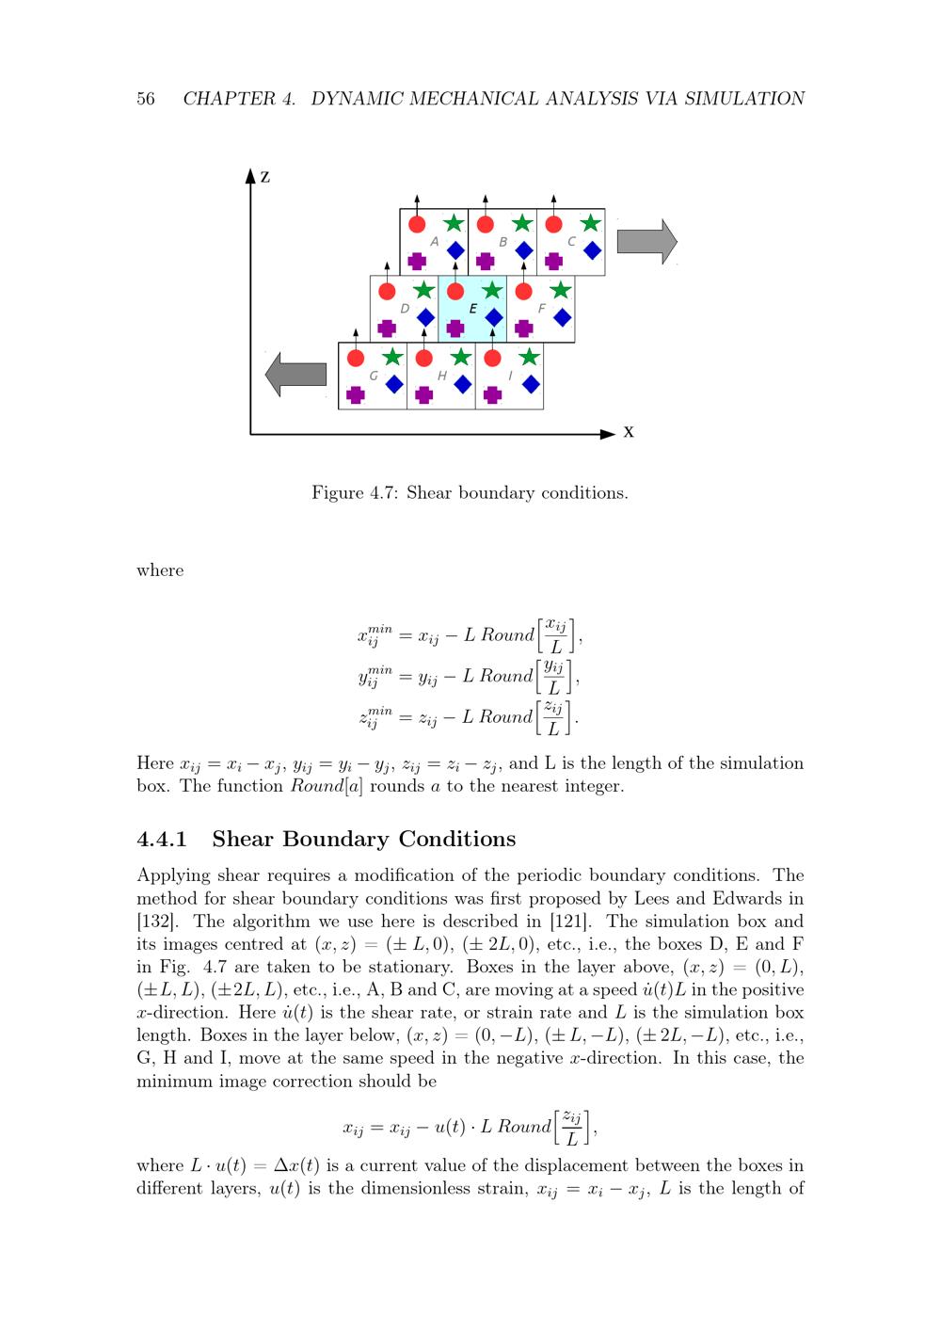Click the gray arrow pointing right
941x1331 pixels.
[646, 242]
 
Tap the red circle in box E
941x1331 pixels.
[455, 291]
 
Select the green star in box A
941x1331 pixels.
[454, 223]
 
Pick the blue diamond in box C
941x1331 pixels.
[592, 249]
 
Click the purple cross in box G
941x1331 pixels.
[355, 394]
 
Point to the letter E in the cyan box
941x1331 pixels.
[472, 309]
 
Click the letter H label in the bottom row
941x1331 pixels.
[441, 376]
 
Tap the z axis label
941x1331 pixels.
[265, 177]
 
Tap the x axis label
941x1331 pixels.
[629, 432]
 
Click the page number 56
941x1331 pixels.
[146, 99]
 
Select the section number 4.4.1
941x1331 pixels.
[162, 839]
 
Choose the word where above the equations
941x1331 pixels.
[160, 570]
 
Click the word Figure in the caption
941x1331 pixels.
[338, 493]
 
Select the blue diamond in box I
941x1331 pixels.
[531, 383]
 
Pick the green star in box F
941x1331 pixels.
[560, 290]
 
